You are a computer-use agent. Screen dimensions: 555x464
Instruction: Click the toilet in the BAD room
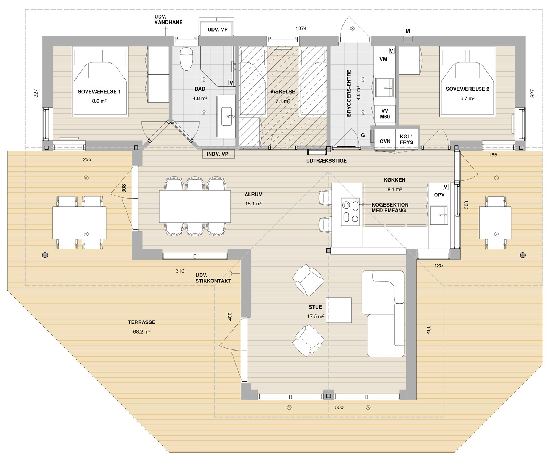[x=186, y=58]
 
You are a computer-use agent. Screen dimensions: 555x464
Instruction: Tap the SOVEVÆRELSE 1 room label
[x=99, y=92]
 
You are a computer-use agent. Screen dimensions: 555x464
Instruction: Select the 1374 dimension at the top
[x=301, y=28]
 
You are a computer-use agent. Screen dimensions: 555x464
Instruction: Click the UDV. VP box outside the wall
[x=217, y=29]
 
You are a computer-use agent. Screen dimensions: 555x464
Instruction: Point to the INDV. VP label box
[x=218, y=154]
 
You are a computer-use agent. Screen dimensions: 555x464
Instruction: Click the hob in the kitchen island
[x=350, y=212]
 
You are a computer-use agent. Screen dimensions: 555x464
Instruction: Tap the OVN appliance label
[x=385, y=141]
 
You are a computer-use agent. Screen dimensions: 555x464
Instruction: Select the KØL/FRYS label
[x=406, y=139]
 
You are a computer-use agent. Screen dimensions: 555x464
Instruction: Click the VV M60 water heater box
[x=385, y=114]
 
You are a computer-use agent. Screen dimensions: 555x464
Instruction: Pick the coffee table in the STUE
[x=339, y=310]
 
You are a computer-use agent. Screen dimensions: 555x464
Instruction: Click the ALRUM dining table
[x=195, y=206]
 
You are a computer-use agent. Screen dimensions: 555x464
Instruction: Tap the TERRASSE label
[x=141, y=322]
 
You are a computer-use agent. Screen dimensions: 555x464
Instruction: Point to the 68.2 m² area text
[x=141, y=332]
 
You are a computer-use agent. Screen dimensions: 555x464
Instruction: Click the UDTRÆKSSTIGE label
[x=326, y=161]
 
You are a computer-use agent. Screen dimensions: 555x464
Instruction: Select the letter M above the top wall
[x=408, y=31]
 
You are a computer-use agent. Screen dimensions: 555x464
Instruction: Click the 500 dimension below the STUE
[x=339, y=407]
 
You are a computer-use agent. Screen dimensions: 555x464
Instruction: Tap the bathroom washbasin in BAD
[x=226, y=116]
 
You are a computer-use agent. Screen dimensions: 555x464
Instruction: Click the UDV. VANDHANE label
[x=168, y=20]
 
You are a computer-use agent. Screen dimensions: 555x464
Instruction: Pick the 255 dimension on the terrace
[x=87, y=160]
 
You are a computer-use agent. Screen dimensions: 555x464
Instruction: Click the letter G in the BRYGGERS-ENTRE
[x=363, y=135]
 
